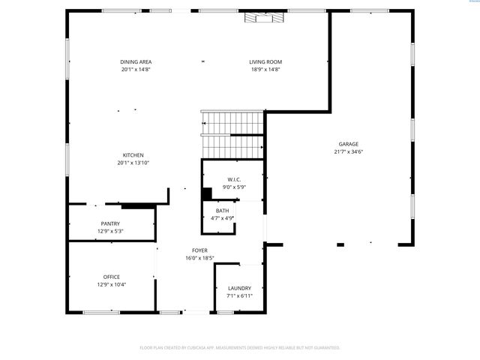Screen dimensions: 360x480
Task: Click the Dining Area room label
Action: (x=136, y=61)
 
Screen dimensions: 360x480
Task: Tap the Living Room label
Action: (x=265, y=61)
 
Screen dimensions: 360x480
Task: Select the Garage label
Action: (x=348, y=144)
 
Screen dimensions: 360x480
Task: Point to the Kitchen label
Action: (x=133, y=155)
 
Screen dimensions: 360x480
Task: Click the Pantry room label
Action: (x=110, y=223)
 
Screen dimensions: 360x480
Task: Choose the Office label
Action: (x=111, y=277)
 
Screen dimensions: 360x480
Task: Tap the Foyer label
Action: (x=199, y=250)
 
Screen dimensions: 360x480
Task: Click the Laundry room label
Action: (x=239, y=288)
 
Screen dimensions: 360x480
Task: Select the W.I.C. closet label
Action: (x=233, y=179)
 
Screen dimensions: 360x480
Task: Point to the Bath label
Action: (x=223, y=211)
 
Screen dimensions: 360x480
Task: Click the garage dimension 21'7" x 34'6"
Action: (x=348, y=151)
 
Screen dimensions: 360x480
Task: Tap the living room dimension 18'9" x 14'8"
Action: (x=265, y=69)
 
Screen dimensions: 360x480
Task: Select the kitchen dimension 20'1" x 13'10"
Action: (x=133, y=163)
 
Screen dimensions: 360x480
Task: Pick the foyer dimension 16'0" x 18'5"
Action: (x=199, y=258)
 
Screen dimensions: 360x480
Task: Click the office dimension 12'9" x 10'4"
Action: (x=111, y=284)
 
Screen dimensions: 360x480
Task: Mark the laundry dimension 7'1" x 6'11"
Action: (x=239, y=295)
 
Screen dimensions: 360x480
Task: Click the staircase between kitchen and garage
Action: (x=232, y=133)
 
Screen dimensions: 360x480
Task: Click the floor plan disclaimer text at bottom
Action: (x=240, y=347)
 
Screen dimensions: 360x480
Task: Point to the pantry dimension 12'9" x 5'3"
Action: (x=110, y=231)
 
